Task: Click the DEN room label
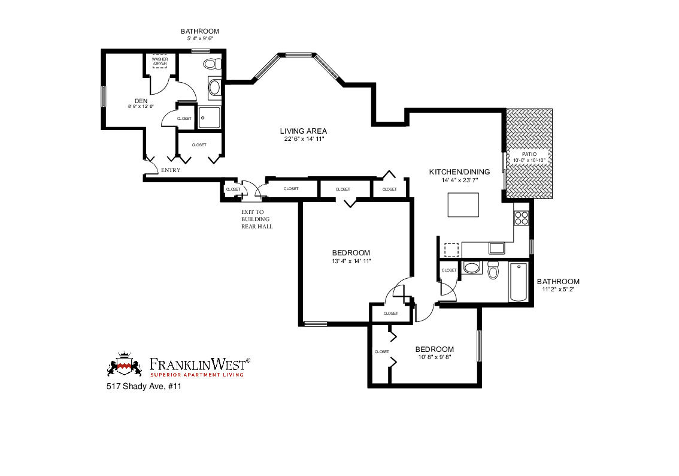pyautogui.click(x=141, y=101)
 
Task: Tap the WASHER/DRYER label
pyautogui.click(x=159, y=61)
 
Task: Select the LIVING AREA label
pyautogui.click(x=304, y=131)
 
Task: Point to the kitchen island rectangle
pyautogui.click(x=463, y=205)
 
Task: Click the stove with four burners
pyautogui.click(x=521, y=217)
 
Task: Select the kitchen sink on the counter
pyautogui.click(x=497, y=248)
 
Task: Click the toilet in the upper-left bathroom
pyautogui.click(x=210, y=64)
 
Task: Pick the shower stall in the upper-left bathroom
pyautogui.click(x=210, y=117)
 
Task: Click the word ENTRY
pyautogui.click(x=171, y=170)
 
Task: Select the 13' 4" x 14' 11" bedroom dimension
pyautogui.click(x=351, y=261)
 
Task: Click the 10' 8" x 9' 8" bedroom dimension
pyautogui.click(x=434, y=357)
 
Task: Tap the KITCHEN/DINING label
pyautogui.click(x=459, y=172)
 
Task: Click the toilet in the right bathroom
pyautogui.click(x=493, y=271)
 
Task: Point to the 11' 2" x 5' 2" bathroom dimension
pyautogui.click(x=557, y=289)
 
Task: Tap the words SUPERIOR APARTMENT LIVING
pyautogui.click(x=197, y=375)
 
